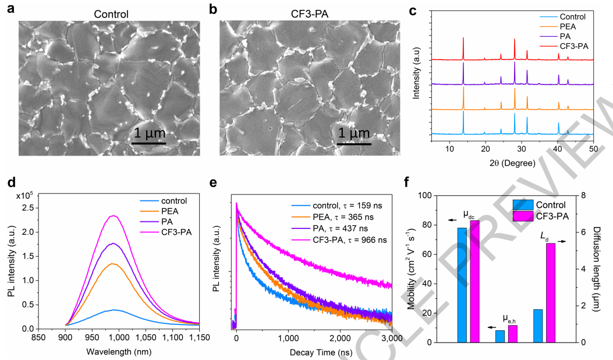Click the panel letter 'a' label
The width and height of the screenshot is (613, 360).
tap(10, 9)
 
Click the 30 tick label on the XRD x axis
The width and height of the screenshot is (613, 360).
tap(521, 150)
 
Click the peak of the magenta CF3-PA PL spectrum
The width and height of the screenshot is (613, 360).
tap(114, 216)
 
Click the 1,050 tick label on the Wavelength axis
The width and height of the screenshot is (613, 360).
tap(147, 337)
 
